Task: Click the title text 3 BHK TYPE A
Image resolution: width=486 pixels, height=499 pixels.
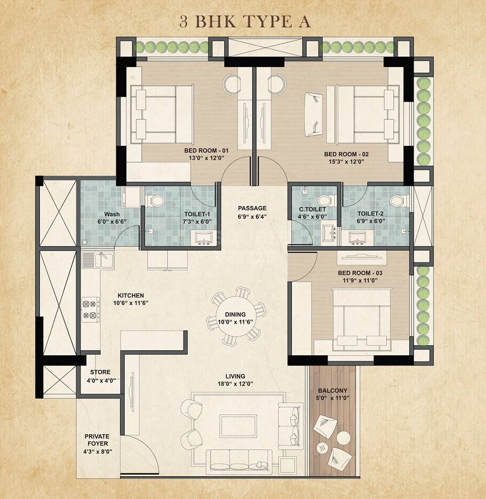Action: tap(242, 21)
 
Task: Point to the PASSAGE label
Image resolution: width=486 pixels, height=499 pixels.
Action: tap(252, 208)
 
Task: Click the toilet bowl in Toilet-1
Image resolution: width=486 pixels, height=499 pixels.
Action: tap(157, 201)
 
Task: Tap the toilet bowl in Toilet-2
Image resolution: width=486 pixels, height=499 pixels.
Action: tap(397, 201)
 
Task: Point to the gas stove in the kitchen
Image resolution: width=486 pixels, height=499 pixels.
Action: tap(90, 309)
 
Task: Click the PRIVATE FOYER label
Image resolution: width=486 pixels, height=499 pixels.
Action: tap(97, 440)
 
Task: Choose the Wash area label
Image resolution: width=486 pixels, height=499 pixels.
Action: tap(111, 214)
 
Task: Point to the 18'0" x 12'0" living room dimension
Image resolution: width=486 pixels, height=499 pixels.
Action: tap(235, 385)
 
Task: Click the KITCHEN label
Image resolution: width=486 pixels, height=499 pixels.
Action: tap(131, 295)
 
